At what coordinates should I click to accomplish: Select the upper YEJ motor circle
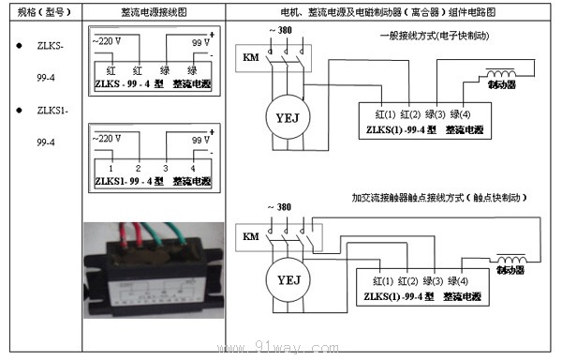point(285,117)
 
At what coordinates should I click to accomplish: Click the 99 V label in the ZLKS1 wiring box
point(200,138)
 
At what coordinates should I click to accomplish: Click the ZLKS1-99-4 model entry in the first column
point(51,126)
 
